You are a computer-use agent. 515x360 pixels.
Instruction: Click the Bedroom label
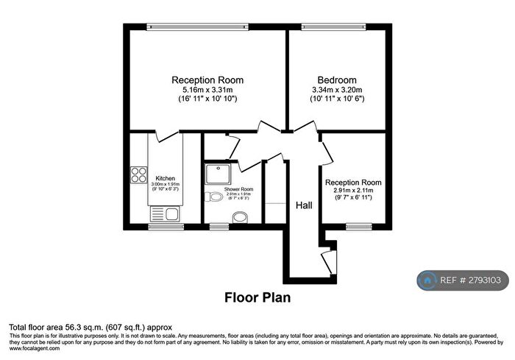[337, 80]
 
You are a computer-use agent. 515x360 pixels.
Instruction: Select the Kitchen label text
[166, 178]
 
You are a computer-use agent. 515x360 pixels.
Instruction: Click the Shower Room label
[238, 190]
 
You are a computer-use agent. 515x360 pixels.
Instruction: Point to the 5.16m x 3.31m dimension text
[207, 89]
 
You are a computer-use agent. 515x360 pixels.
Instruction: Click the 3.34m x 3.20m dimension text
[337, 89]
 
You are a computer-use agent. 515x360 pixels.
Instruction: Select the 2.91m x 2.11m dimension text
[353, 191]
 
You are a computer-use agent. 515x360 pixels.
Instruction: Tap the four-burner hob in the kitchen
[138, 175]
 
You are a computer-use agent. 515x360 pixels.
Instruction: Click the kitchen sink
[163, 214]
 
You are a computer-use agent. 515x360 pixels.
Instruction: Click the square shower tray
[218, 174]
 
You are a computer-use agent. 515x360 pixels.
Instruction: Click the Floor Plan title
[257, 298]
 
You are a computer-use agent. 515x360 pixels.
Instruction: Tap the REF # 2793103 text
[471, 280]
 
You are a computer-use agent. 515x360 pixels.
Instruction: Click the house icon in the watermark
[427, 280]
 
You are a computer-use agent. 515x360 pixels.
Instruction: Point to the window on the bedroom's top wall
[335, 27]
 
